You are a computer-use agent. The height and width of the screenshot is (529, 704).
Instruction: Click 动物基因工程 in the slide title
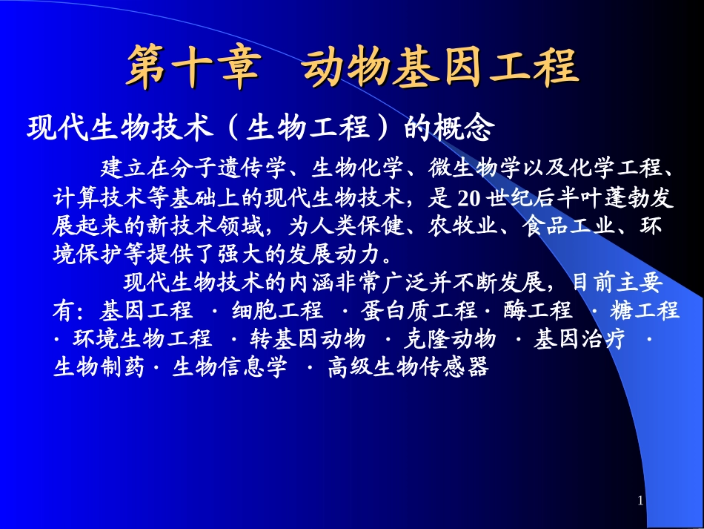pos(440,68)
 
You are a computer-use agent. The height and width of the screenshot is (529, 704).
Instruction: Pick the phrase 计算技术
pos(90,198)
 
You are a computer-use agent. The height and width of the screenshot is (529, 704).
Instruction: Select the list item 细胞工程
pos(277,310)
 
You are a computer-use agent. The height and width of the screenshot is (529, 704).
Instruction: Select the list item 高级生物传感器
pos(408,367)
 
